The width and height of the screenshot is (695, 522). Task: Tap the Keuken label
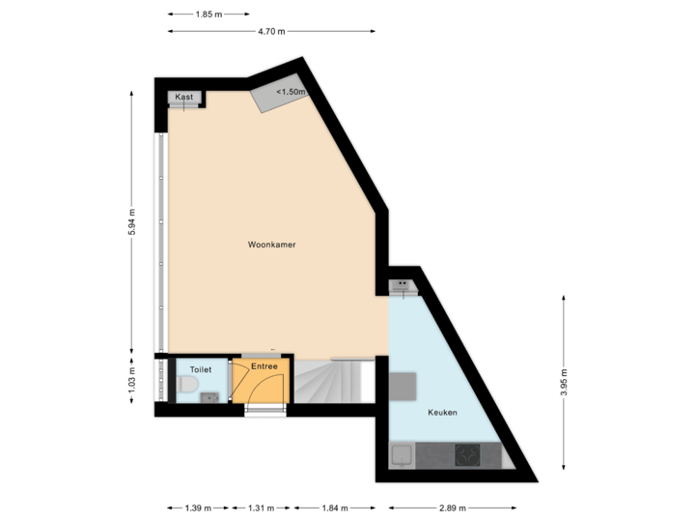[x=443, y=413]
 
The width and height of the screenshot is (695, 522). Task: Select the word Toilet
[x=201, y=370]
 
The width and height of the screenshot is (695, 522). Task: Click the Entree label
[x=264, y=366]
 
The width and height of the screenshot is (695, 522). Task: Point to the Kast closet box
[x=183, y=98]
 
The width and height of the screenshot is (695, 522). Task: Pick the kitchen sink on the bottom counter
[x=403, y=454]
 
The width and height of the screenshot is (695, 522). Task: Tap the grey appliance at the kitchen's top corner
[x=402, y=285]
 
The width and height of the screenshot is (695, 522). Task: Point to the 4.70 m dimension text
[x=271, y=31]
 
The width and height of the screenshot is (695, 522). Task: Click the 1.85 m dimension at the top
[x=207, y=14]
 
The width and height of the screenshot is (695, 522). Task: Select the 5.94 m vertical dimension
[x=132, y=222]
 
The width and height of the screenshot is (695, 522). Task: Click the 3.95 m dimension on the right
[x=565, y=383]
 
